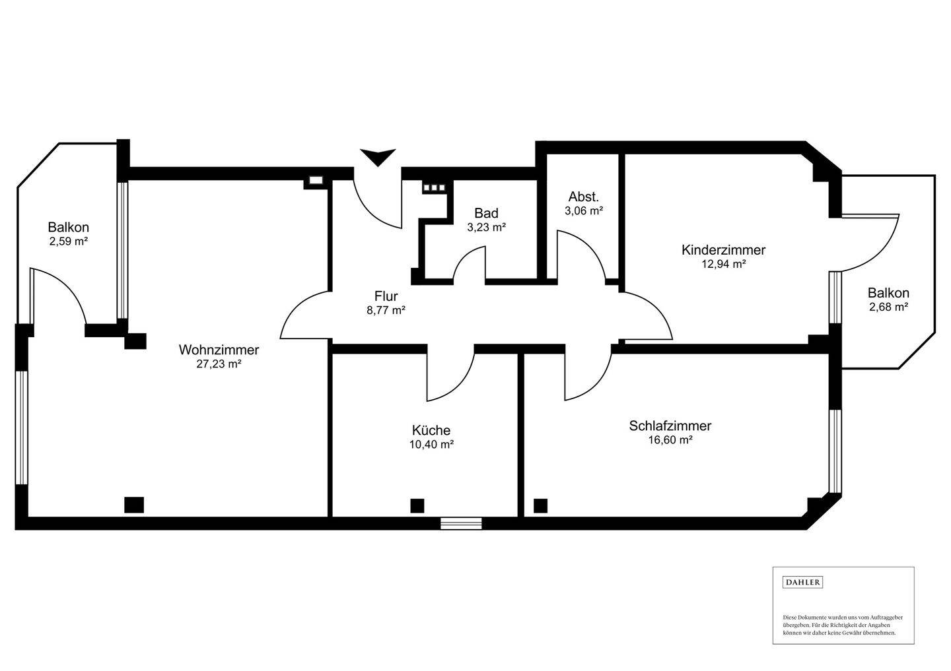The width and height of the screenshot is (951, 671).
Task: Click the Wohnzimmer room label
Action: (x=219, y=350)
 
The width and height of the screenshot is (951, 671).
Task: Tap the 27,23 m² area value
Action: (x=219, y=364)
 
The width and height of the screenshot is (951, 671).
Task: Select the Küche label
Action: (x=431, y=430)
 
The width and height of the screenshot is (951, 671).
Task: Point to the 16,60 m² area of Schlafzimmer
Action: (x=670, y=440)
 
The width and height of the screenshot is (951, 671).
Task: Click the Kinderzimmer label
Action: (x=723, y=250)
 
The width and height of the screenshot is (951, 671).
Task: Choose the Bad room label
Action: (x=486, y=213)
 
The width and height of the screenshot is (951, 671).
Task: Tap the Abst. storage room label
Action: (x=583, y=197)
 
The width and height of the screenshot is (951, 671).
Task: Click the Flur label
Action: (x=386, y=296)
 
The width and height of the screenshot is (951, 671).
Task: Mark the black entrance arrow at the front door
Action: (x=378, y=157)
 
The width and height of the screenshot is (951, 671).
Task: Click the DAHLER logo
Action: (x=802, y=582)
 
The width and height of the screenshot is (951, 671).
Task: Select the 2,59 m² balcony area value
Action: (x=68, y=241)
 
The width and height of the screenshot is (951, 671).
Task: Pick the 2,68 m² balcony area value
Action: (x=888, y=307)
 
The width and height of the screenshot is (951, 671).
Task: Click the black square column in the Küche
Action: (x=417, y=505)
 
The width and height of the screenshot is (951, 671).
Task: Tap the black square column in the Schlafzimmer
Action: (x=540, y=506)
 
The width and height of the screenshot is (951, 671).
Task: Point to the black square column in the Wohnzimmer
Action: (x=134, y=505)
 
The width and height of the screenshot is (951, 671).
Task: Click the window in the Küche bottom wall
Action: (x=461, y=524)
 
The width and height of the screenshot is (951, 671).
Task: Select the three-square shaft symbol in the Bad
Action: (x=434, y=187)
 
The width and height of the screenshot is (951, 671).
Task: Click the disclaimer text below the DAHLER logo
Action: (x=842, y=625)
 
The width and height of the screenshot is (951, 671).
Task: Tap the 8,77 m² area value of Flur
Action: (x=386, y=310)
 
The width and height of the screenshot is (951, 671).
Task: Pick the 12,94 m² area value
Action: (x=723, y=264)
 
